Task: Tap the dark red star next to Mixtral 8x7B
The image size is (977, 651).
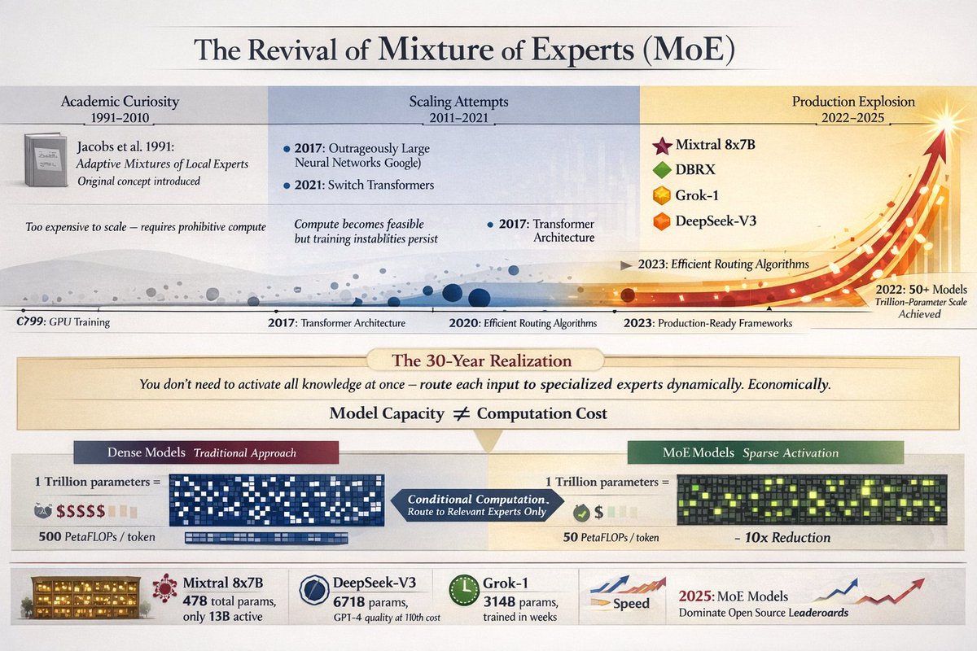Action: click(661, 146)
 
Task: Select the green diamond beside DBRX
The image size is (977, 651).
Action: click(661, 172)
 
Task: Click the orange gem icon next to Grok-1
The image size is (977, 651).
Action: click(661, 196)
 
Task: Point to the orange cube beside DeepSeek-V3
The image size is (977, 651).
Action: click(661, 221)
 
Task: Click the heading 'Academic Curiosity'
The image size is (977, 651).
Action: click(120, 103)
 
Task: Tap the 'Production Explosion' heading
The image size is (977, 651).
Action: click(853, 103)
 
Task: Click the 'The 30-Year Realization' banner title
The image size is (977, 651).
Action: click(487, 360)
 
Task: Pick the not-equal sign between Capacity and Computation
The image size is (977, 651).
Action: click(460, 413)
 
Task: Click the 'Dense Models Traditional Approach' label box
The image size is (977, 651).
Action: click(205, 452)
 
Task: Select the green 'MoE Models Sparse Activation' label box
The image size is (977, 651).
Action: click(765, 452)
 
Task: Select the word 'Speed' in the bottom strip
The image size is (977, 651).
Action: click(631, 603)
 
